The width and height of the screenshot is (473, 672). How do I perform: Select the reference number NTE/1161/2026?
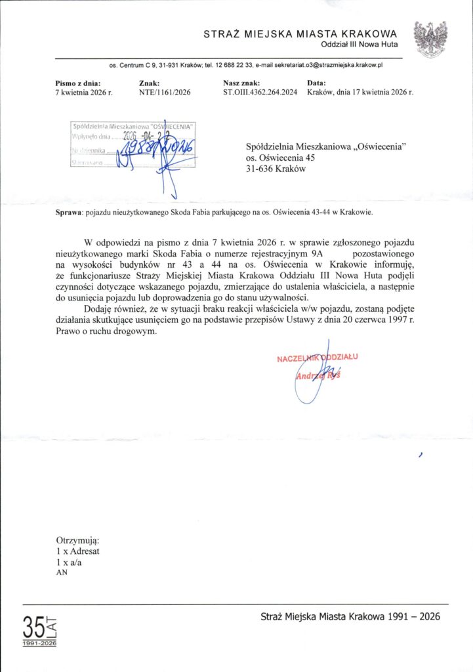[x=165, y=93]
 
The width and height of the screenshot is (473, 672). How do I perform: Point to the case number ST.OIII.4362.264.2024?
[x=260, y=93]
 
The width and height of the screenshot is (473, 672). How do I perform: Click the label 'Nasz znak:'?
[x=241, y=83]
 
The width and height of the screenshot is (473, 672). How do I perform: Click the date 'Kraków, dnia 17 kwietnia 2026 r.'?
[x=360, y=93]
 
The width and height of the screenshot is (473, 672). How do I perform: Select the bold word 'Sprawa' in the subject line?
[x=68, y=211]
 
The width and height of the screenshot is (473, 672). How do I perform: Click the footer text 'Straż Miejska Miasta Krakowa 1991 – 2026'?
[x=350, y=616]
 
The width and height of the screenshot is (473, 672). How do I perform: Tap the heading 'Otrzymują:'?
[x=77, y=540]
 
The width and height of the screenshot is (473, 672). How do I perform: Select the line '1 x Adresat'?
[x=78, y=551]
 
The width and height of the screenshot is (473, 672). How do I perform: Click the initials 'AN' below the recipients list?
[x=62, y=572]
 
